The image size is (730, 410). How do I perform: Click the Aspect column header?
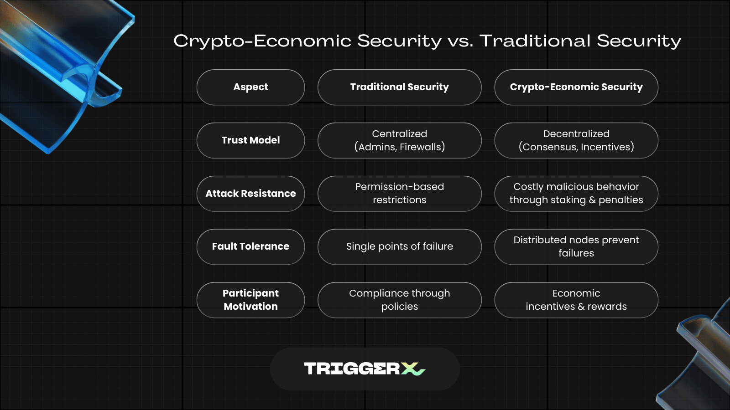click(x=250, y=87)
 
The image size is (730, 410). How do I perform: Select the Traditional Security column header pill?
click(x=399, y=87)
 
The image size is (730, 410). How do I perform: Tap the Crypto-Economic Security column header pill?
click(x=576, y=87)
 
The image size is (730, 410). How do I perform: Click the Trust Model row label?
click(x=250, y=140)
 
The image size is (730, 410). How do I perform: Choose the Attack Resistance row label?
click(x=250, y=194)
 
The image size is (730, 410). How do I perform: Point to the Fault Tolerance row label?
click(x=250, y=246)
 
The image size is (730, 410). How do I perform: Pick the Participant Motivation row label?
click(x=250, y=300)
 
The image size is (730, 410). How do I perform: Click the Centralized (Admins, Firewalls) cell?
click(x=399, y=140)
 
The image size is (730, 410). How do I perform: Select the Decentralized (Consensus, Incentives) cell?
click(x=576, y=140)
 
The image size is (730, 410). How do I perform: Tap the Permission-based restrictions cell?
click(x=399, y=194)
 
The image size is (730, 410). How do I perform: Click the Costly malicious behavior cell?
click(x=576, y=194)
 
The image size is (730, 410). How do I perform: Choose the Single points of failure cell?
click(x=399, y=246)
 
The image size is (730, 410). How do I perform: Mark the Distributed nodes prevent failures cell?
click(x=576, y=246)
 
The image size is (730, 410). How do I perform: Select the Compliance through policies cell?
click(x=399, y=300)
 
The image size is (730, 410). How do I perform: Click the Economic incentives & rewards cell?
click(x=576, y=300)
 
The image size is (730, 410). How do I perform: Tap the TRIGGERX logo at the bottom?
click(x=365, y=369)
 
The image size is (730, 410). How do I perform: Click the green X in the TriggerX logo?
click(x=413, y=369)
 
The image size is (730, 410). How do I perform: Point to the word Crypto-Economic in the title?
click(x=262, y=41)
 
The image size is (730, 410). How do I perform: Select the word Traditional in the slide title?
click(x=535, y=41)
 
